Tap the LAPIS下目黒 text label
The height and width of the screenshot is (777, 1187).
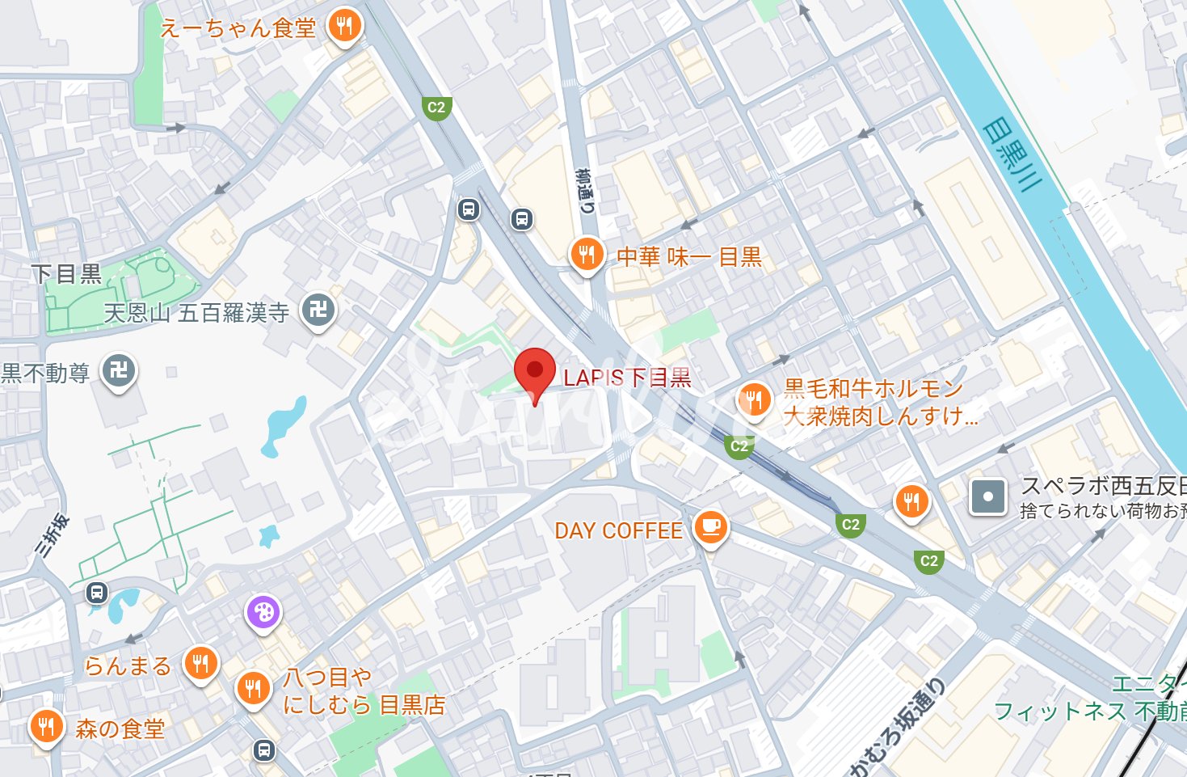[627, 378]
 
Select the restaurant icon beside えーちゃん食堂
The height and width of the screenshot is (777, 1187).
[345, 27]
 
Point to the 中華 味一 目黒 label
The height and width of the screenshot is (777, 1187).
[689, 257]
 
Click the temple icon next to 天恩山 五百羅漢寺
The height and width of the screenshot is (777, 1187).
[318, 310]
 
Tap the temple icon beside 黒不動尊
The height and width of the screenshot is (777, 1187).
[119, 371]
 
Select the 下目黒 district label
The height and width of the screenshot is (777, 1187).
[66, 274]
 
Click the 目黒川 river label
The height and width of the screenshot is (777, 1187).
[1011, 154]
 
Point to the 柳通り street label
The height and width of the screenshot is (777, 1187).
[585, 191]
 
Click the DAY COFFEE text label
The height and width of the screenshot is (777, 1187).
[618, 530]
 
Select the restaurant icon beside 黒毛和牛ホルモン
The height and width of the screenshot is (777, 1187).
[754, 399]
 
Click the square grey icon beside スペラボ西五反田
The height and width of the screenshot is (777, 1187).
[987, 496]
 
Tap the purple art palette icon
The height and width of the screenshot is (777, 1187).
[263, 612]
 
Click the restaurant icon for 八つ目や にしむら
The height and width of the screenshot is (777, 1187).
[254, 689]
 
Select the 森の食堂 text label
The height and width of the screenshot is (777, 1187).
[120, 728]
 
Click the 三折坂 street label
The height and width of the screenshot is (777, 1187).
[53, 535]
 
